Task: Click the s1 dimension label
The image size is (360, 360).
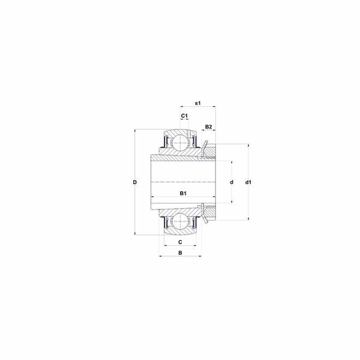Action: pos(197,103)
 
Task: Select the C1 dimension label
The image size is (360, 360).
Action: pos(184,116)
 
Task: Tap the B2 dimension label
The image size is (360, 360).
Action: pos(208,127)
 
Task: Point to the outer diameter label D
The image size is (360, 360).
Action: pos(135,182)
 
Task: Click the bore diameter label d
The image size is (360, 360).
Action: pos(232,182)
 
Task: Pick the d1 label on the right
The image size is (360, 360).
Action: pos(248,182)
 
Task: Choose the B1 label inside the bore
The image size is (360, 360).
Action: pos(183,193)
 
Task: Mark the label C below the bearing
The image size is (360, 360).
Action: pos(180,242)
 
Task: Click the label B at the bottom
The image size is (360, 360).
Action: pos(180,253)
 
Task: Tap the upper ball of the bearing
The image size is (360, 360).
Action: pos(181,143)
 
